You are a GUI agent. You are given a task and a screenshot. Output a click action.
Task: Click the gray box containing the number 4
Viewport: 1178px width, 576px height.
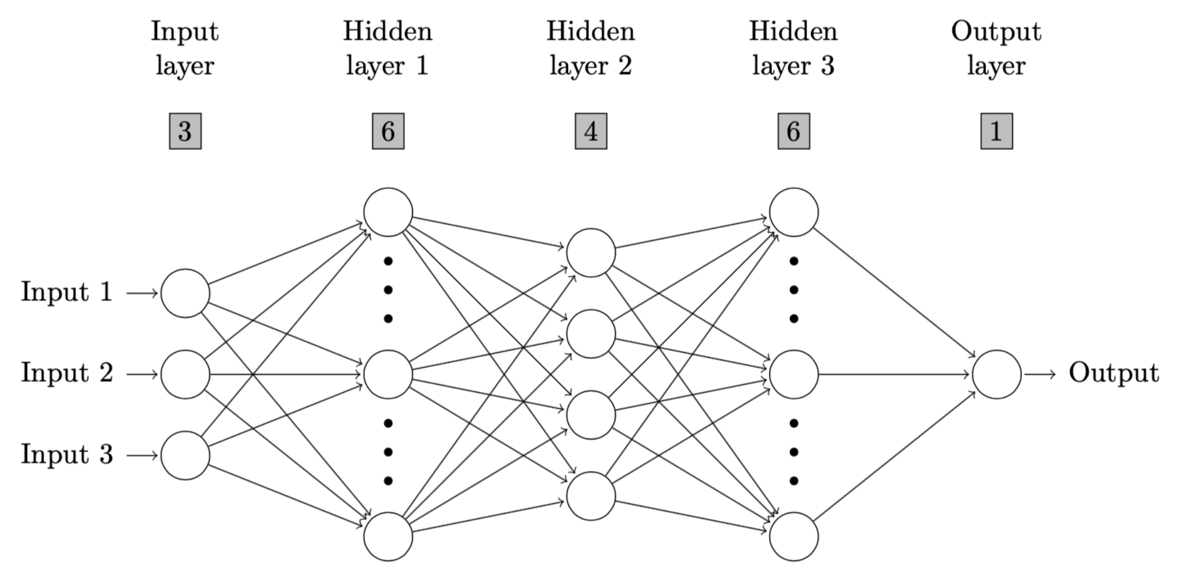point(590,131)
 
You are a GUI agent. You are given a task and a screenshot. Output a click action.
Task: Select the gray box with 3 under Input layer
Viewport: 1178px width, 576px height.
point(185,131)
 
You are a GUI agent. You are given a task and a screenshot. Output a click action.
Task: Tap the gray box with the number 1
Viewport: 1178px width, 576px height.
point(997,131)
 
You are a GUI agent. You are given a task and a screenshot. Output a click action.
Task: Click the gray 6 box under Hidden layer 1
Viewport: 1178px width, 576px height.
point(388,131)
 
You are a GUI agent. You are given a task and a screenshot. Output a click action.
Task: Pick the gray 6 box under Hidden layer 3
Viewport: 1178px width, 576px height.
point(793,131)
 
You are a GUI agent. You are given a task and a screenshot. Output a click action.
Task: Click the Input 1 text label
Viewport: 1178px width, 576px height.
point(67,292)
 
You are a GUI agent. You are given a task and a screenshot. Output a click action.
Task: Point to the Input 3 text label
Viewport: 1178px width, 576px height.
point(67,454)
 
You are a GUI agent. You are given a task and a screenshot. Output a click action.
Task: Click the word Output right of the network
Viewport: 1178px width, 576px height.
point(1113,373)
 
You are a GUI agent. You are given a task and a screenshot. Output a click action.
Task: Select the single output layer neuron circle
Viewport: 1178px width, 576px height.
point(997,375)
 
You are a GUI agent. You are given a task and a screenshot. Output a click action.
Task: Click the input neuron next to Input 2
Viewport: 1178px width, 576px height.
point(185,375)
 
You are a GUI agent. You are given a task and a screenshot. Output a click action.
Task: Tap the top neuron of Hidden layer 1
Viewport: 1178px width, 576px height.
point(388,212)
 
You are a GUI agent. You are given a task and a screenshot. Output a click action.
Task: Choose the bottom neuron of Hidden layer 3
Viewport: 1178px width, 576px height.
point(793,536)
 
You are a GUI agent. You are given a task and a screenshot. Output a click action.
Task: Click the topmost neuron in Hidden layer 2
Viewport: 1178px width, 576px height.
point(590,253)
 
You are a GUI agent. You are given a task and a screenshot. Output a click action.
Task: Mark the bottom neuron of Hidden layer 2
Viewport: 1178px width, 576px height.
point(590,496)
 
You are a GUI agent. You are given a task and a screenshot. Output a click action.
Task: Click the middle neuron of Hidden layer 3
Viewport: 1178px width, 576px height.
point(793,375)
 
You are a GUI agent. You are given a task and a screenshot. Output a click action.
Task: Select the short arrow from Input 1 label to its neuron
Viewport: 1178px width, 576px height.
point(142,293)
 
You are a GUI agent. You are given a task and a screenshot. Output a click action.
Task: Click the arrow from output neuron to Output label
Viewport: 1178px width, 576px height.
point(1040,375)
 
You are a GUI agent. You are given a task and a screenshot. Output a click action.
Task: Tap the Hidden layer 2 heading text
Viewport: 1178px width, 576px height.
point(590,48)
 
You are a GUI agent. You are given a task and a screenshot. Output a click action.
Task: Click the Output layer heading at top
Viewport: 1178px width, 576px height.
point(996,48)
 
